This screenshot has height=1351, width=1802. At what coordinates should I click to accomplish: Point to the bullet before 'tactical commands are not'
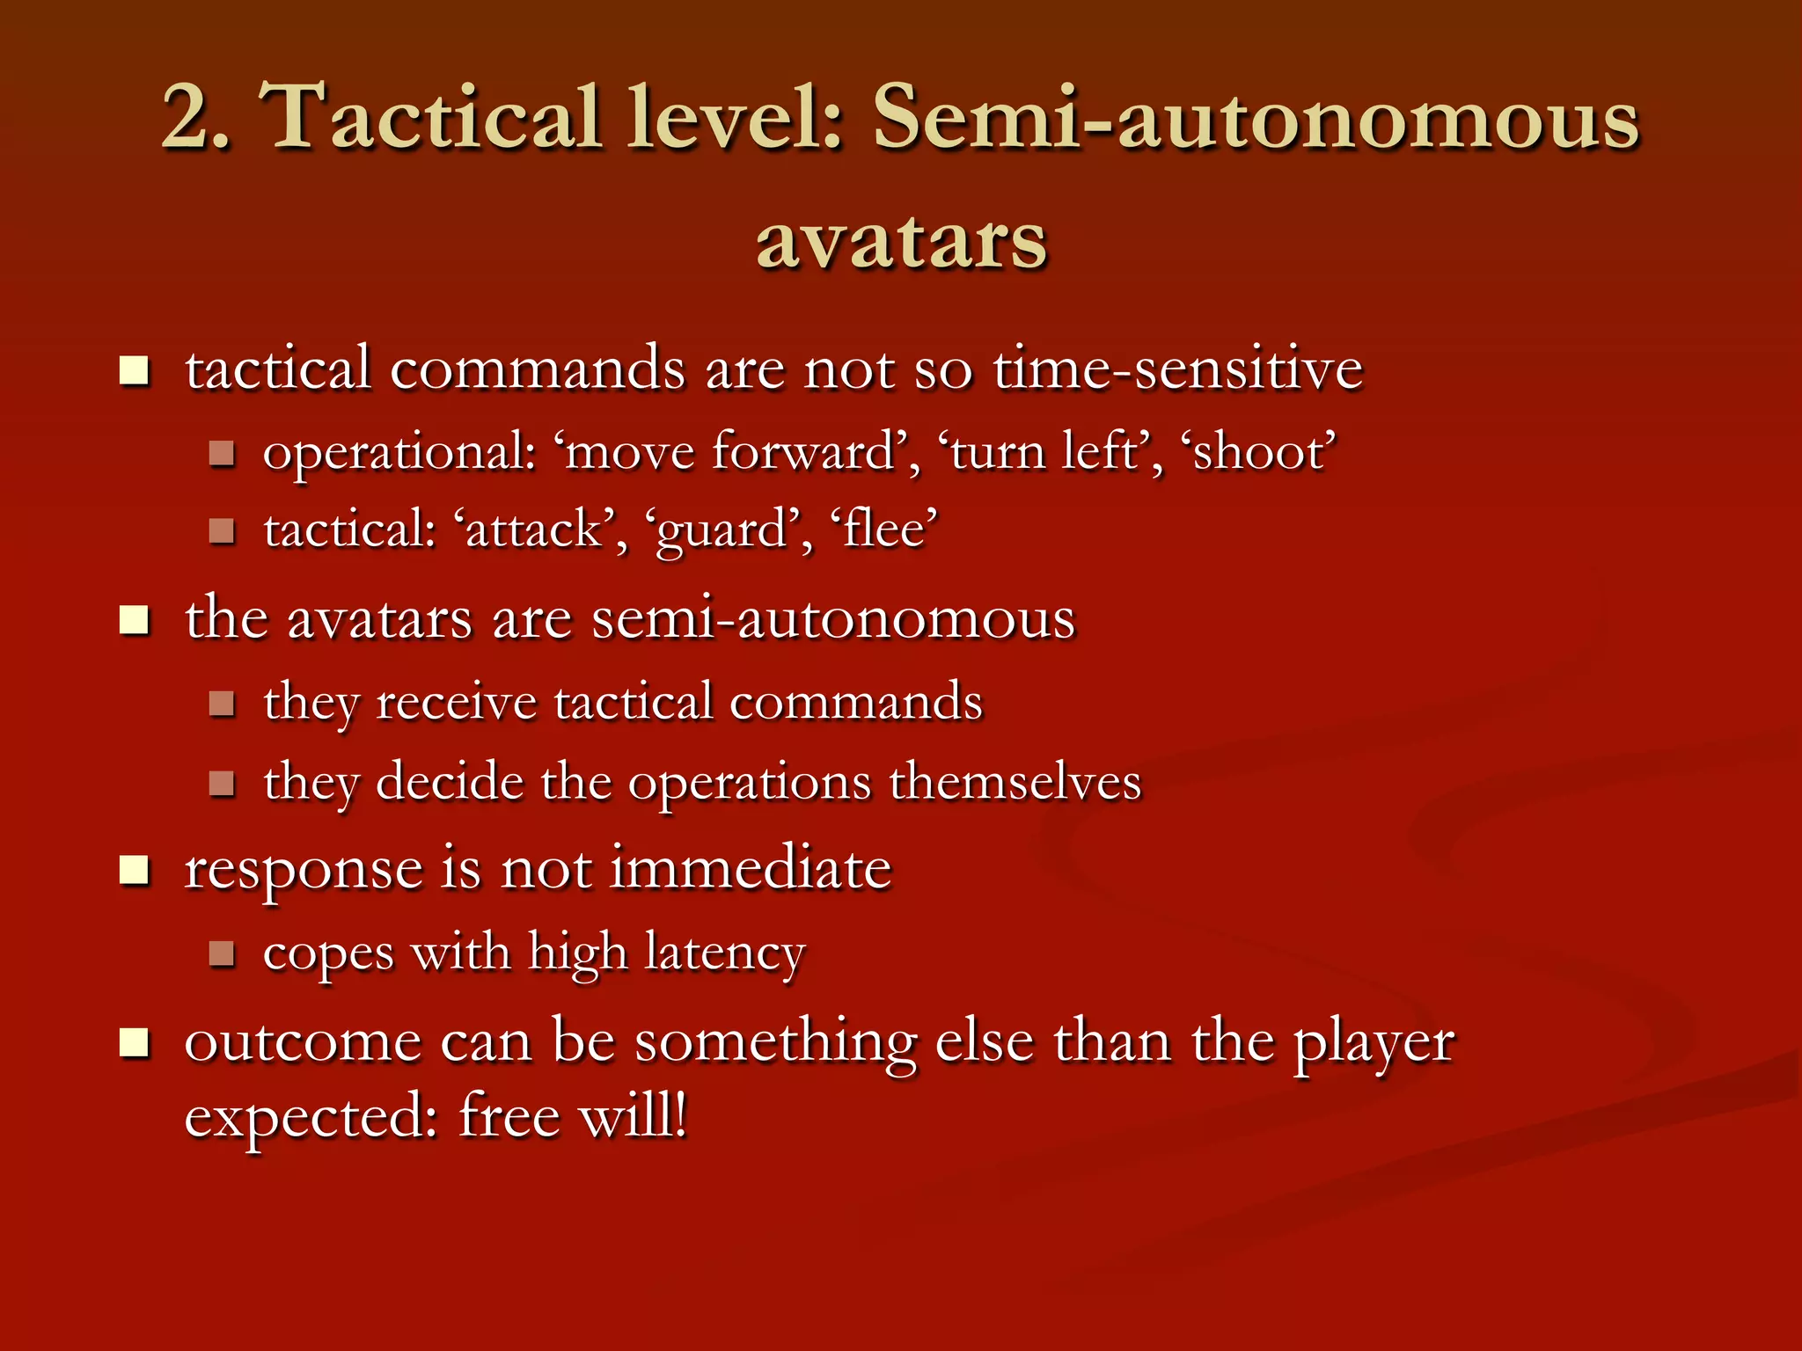tap(135, 371)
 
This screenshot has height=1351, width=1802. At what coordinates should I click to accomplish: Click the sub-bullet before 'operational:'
tap(222, 454)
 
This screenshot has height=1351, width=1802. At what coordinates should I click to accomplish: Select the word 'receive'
tap(456, 703)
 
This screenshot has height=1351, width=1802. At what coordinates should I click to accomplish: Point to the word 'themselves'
tap(1015, 782)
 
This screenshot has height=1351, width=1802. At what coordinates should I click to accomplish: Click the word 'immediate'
tap(751, 868)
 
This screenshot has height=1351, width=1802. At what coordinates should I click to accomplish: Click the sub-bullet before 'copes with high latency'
tap(222, 953)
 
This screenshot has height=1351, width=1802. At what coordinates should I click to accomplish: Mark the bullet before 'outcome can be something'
tap(135, 1044)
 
